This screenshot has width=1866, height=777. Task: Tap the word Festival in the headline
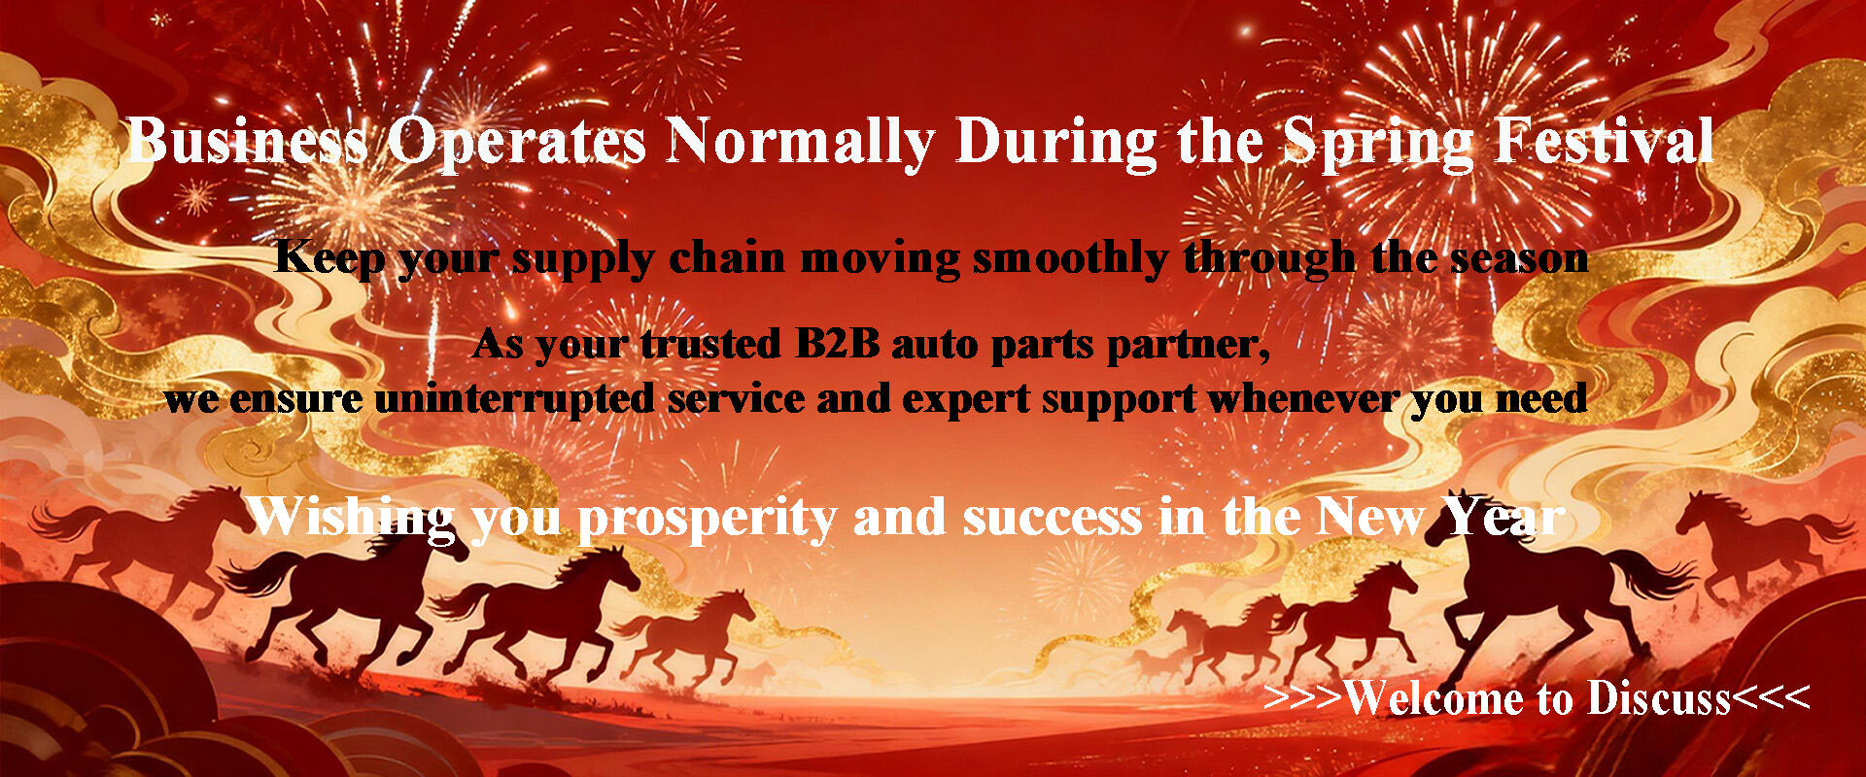1605,142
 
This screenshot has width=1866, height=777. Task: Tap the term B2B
837,344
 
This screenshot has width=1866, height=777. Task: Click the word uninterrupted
514,399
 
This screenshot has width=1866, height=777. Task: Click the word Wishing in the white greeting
351,518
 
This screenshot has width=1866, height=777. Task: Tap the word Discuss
1659,698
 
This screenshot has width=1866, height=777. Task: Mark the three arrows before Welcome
1303,698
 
